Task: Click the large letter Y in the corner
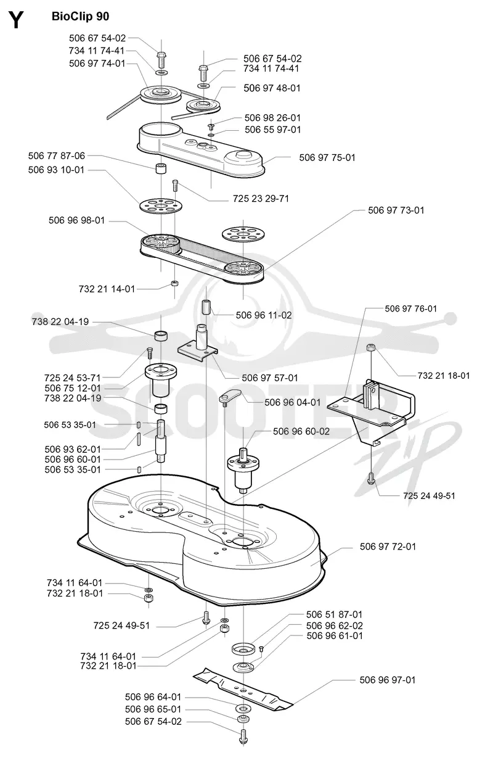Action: pos(16,20)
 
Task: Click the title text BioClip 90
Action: pos(80,16)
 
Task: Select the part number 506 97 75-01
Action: pos(327,157)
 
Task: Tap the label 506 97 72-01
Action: pos(388,547)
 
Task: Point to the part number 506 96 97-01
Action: pos(387,680)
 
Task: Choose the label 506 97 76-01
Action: pos(410,308)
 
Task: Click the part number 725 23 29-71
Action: pos(261,199)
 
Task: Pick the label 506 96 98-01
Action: pos(76,221)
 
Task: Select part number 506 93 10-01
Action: pos(56,170)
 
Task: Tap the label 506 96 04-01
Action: pos(293,402)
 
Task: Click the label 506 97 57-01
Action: pos(270,378)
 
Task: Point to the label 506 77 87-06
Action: pos(56,155)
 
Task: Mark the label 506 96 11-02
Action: pos(264,315)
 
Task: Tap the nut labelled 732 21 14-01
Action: pos(174,283)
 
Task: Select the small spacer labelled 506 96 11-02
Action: pos(206,307)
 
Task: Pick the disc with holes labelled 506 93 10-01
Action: pos(161,205)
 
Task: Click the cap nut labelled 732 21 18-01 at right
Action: pos(372,348)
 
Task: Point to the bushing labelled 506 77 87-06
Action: pos(161,169)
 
